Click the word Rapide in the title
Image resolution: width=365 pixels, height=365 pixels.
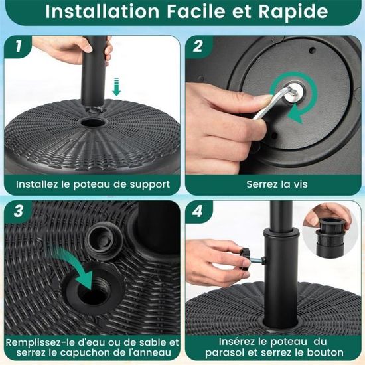[x=293, y=11]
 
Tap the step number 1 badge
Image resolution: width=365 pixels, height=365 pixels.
[x=18, y=46]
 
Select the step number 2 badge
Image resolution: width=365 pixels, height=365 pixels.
[x=198, y=46]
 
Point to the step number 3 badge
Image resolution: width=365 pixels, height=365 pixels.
[x=18, y=211]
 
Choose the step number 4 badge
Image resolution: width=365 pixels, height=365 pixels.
[x=198, y=211]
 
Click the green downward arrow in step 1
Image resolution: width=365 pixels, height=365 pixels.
[x=116, y=86]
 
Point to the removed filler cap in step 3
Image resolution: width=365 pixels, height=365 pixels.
[x=104, y=240]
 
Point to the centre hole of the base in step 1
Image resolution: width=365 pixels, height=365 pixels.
[x=93, y=122]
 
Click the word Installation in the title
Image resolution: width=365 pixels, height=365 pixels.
[x=102, y=11]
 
